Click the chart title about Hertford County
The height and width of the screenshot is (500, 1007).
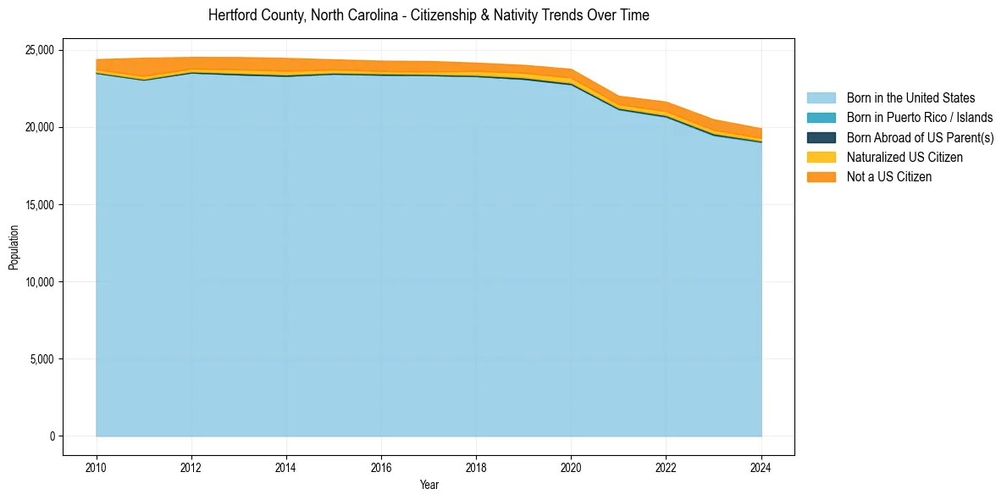[x=429, y=15]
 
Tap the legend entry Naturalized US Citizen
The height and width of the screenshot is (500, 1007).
[x=905, y=157]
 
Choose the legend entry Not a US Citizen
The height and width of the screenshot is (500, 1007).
[x=889, y=176]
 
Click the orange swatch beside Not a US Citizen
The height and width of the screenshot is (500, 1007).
[x=821, y=176]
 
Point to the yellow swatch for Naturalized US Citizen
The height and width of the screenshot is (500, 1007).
[x=821, y=157]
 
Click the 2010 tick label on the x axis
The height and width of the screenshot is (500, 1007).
[x=97, y=466]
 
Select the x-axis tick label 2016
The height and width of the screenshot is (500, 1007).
[x=381, y=466]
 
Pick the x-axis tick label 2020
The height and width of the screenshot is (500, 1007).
[x=571, y=466]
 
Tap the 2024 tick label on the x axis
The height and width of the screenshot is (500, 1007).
[x=761, y=466]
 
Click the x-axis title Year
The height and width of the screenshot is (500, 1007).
[x=429, y=485]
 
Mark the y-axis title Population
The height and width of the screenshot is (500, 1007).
[x=14, y=247]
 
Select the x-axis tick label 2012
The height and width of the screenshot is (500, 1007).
[x=191, y=466]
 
